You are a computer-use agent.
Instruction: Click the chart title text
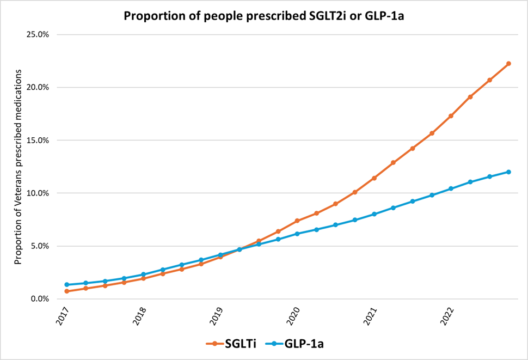point(263,15)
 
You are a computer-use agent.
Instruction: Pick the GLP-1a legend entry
point(299,343)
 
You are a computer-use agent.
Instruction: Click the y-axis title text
point(18,167)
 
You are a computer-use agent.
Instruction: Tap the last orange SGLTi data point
point(508,64)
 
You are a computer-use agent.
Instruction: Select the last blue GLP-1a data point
point(508,172)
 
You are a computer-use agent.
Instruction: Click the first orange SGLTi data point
point(66,291)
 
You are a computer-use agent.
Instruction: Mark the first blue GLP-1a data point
point(66,285)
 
